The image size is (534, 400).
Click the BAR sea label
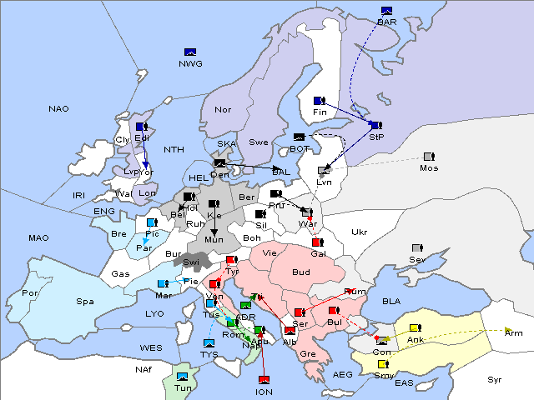coord(387,22)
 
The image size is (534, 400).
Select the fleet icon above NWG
coord(189,52)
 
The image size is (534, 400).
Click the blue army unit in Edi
coord(142,127)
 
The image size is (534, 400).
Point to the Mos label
coord(429,167)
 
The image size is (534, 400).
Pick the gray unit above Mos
coord(429,156)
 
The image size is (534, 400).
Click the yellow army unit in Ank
coord(415,327)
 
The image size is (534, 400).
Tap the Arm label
coord(514,332)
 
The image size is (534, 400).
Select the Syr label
coord(496,379)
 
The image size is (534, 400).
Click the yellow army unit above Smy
coord(383,364)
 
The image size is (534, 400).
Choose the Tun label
coord(184,387)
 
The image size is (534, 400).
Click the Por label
coord(30,293)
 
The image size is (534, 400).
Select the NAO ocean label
coord(58,109)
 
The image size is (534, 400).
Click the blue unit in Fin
coord(319,101)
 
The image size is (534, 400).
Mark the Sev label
coord(417,260)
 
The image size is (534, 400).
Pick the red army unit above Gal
coord(317,242)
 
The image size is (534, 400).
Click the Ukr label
coord(359,232)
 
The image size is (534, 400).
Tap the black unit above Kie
coord(214,204)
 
